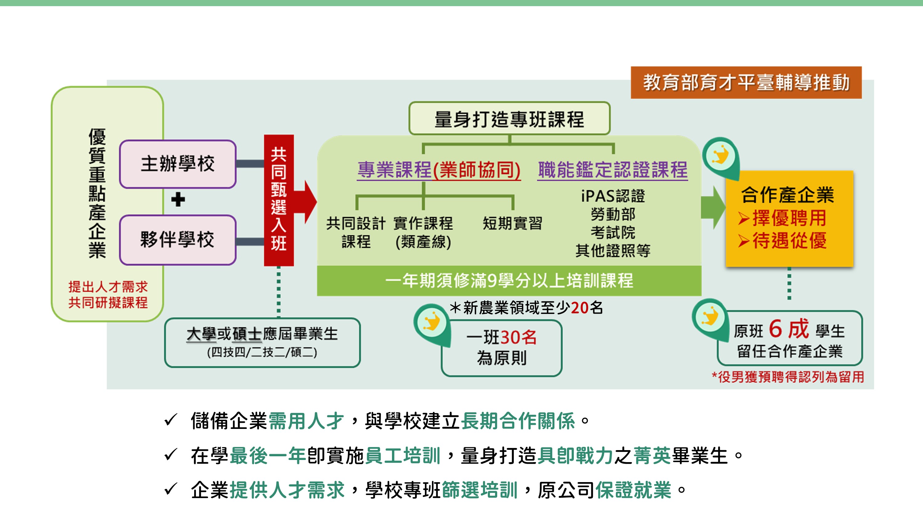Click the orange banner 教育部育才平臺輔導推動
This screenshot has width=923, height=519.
[x=746, y=82]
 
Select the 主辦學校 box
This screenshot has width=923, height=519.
[x=178, y=164]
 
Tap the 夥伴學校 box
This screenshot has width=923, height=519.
[x=178, y=240]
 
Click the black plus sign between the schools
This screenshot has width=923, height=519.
[x=178, y=200]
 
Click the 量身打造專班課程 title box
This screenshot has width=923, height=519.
[x=509, y=119]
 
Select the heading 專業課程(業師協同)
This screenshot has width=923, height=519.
[x=438, y=170]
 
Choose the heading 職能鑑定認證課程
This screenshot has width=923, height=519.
[x=612, y=170]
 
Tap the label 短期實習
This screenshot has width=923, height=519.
[x=512, y=223]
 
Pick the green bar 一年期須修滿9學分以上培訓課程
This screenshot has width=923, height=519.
[x=509, y=280]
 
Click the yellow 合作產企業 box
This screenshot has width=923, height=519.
[x=789, y=219]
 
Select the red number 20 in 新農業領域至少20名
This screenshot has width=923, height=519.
[x=579, y=308]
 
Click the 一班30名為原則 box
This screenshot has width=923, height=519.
[x=501, y=348]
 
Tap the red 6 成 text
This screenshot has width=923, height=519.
[x=789, y=329]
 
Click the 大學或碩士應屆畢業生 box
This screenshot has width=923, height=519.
[x=262, y=343]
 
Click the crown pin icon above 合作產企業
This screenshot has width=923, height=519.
[x=721, y=157]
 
